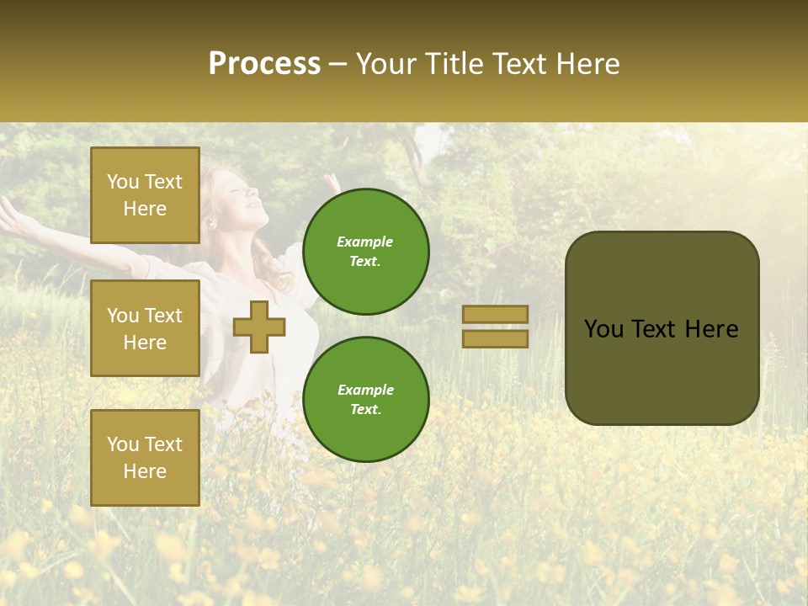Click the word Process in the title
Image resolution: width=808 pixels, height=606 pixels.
click(264, 64)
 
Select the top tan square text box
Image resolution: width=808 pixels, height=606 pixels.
click(145, 195)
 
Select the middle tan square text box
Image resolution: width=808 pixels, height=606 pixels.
click(145, 328)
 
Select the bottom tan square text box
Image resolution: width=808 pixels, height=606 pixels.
click(145, 457)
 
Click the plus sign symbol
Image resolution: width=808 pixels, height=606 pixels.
click(259, 327)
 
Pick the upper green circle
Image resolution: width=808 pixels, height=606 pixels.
click(366, 251)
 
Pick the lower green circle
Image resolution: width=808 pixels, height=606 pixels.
click(366, 399)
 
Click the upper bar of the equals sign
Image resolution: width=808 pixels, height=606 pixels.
click(495, 314)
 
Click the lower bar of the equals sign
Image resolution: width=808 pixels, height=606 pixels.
click(495, 338)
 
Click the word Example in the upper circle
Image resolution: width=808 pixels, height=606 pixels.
click(365, 242)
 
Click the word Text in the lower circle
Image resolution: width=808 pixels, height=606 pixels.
click(365, 409)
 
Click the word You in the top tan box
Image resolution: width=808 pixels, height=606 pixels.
click(122, 182)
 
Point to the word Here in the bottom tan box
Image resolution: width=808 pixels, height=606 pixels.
click(145, 471)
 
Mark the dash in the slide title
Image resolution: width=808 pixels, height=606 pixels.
click(338, 64)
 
